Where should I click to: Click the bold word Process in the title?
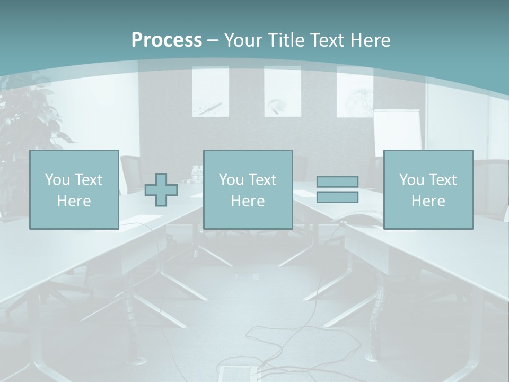click(166, 40)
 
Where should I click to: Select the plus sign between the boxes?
click(161, 190)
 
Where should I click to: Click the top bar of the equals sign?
click(337, 181)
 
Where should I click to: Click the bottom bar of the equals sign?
click(337, 197)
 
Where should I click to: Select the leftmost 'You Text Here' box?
click(74, 189)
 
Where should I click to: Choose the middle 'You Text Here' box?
click(248, 189)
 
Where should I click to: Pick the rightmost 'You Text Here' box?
click(428, 189)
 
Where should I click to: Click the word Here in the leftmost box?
click(74, 201)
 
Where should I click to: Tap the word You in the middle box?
click(231, 180)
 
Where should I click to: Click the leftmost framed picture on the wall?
click(210, 91)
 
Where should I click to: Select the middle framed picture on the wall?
click(283, 91)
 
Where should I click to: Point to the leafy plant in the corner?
click(29, 122)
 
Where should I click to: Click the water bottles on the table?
click(197, 172)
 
